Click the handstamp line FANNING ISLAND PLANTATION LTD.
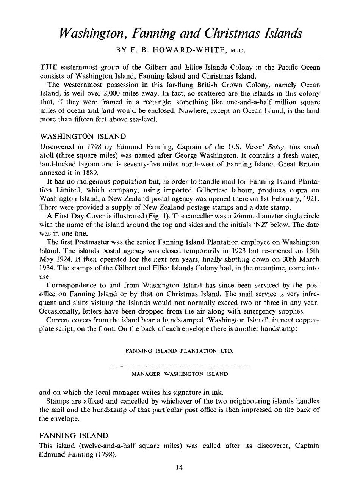[x=180, y=351]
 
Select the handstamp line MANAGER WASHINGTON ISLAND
[x=180, y=374]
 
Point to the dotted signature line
[x=180, y=367]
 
